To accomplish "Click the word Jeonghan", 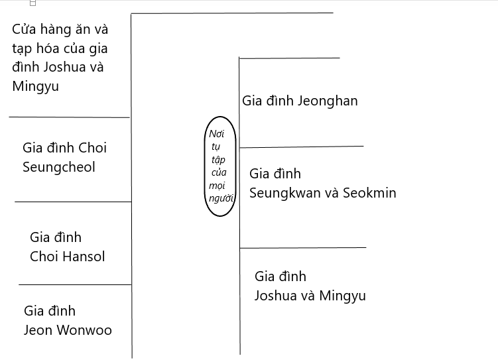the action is point(328,101).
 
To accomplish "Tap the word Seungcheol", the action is point(59,167).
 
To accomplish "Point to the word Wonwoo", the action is point(84,330).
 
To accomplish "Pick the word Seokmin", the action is point(370,193).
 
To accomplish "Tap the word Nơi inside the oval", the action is point(217,134).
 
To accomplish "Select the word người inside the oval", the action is point(221,198).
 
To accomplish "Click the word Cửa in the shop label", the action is point(23,29).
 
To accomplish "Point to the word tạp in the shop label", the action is point(22,49).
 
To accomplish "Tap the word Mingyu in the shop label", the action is point(36,87).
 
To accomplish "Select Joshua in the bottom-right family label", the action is point(276,296).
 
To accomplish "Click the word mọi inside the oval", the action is point(217,186).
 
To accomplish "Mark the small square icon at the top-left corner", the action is point(32,3).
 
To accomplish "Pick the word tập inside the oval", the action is point(218,159).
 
